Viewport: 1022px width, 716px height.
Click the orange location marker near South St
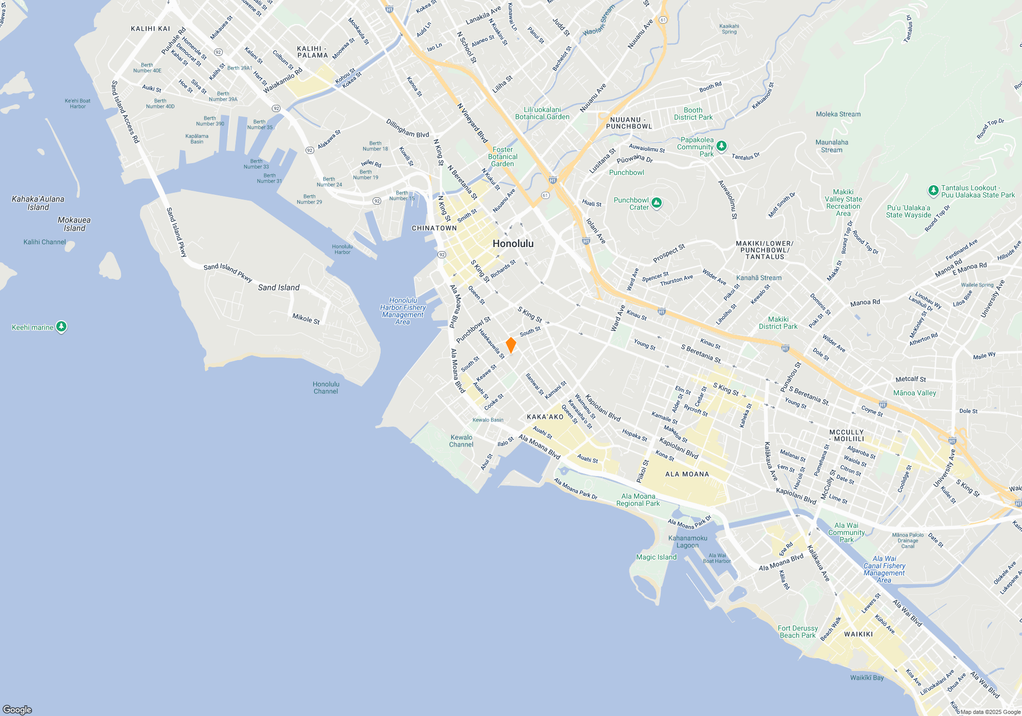pos(510,345)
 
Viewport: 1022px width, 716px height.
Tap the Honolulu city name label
pos(513,243)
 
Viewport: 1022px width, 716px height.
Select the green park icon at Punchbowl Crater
pos(657,203)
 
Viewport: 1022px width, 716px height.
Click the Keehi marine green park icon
pos(61,326)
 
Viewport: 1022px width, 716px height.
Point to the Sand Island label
pos(278,287)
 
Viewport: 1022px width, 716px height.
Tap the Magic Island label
pos(656,557)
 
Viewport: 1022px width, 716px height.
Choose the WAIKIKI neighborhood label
pos(858,634)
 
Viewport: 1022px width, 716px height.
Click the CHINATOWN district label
pos(434,228)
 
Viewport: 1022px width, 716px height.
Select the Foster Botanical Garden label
pos(503,156)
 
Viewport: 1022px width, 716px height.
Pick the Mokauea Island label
pos(74,224)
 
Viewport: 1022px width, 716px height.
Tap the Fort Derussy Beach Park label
pos(798,632)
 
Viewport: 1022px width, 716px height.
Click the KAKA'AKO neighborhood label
pos(545,417)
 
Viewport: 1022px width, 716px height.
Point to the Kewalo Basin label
pos(488,420)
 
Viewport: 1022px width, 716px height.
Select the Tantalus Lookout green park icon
pos(933,191)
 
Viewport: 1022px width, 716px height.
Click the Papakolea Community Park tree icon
pos(722,146)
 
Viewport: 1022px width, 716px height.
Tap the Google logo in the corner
pos(17,709)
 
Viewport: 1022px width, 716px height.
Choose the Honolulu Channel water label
pos(326,388)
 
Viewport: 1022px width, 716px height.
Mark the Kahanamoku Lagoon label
pos(688,542)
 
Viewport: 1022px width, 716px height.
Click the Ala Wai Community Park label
pos(847,532)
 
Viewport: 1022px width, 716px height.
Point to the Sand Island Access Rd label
pos(125,111)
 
